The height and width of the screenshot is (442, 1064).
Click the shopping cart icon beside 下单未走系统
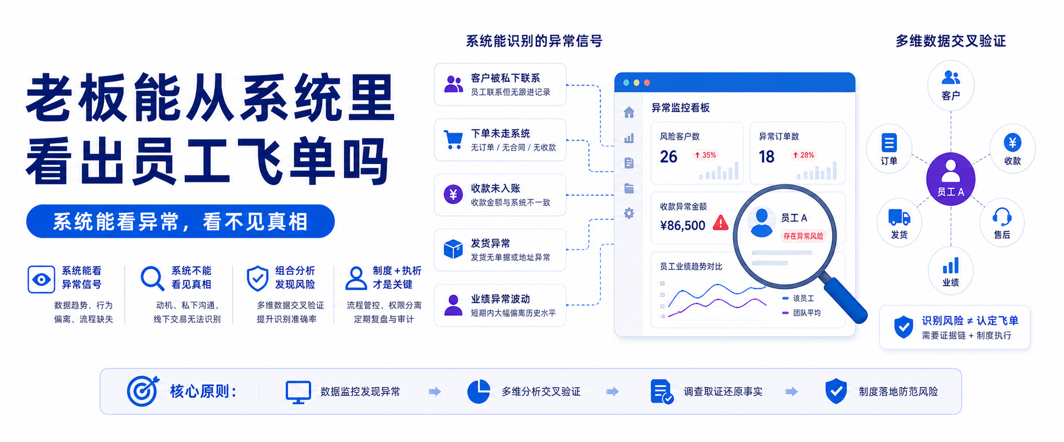[453, 140]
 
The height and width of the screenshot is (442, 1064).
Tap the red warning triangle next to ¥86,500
[721, 223]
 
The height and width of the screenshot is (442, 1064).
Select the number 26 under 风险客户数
[668, 157]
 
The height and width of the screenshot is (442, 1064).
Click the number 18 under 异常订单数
[767, 157]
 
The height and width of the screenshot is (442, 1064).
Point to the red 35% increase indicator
[705, 155]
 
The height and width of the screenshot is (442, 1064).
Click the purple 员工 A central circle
[950, 179]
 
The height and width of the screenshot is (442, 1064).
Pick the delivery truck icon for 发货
[899, 217]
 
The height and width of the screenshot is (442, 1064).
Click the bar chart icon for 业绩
[950, 265]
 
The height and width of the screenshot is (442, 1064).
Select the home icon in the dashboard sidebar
[629, 112]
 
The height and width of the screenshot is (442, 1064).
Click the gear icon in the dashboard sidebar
[629, 213]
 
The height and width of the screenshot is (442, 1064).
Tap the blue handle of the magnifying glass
[845, 300]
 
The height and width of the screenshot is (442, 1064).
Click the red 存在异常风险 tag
[803, 236]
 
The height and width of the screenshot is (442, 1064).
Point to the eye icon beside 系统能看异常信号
[41, 280]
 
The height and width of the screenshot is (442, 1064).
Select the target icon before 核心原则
[143, 391]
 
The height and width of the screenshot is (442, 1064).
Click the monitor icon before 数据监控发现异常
[298, 392]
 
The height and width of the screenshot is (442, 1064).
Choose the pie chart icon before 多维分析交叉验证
[478, 392]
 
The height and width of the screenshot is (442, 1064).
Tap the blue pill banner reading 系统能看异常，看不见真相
[180, 222]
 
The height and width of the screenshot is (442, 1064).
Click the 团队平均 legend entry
[802, 313]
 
